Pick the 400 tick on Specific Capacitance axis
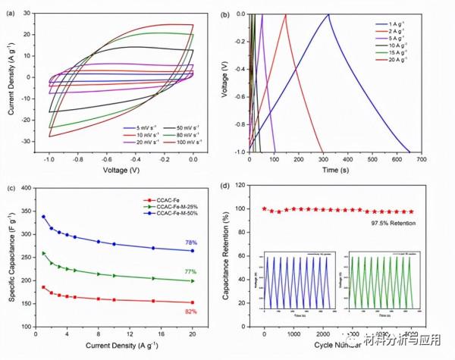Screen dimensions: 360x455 click(27, 189)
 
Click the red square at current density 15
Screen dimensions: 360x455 click(152, 301)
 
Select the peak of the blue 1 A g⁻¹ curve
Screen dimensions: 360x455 click(328, 14)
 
